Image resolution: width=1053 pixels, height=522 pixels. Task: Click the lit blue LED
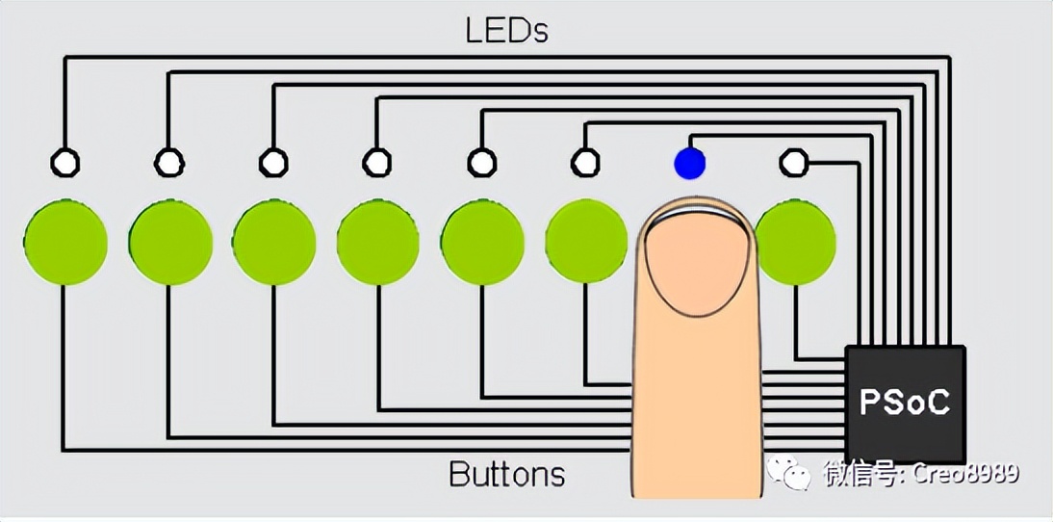click(x=689, y=162)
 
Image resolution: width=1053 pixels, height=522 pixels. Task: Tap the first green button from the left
click(x=65, y=242)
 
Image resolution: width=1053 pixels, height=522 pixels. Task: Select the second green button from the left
click(x=170, y=242)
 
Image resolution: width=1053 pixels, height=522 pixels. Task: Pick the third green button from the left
click(x=274, y=242)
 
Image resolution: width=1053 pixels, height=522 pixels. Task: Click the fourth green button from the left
click(x=378, y=242)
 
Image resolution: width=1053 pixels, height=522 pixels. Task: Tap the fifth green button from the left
click(x=482, y=242)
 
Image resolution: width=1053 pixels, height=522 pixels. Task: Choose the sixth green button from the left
click(x=585, y=242)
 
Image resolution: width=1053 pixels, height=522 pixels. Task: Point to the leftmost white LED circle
click(x=65, y=162)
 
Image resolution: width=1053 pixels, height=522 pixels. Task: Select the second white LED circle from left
click(x=169, y=162)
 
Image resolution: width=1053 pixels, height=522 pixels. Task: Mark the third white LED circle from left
click(x=273, y=162)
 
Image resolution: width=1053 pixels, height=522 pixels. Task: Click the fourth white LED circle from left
click(x=376, y=162)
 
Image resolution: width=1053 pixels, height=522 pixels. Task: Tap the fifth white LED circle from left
click(x=480, y=162)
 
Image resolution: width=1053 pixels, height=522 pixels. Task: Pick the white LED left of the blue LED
click(x=584, y=162)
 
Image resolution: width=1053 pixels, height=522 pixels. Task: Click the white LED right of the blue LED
click(x=793, y=162)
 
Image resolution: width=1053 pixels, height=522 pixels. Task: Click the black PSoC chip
click(x=905, y=403)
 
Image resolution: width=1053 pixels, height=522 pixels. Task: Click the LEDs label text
click(x=506, y=30)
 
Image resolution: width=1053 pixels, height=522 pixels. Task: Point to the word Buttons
click(x=506, y=474)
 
